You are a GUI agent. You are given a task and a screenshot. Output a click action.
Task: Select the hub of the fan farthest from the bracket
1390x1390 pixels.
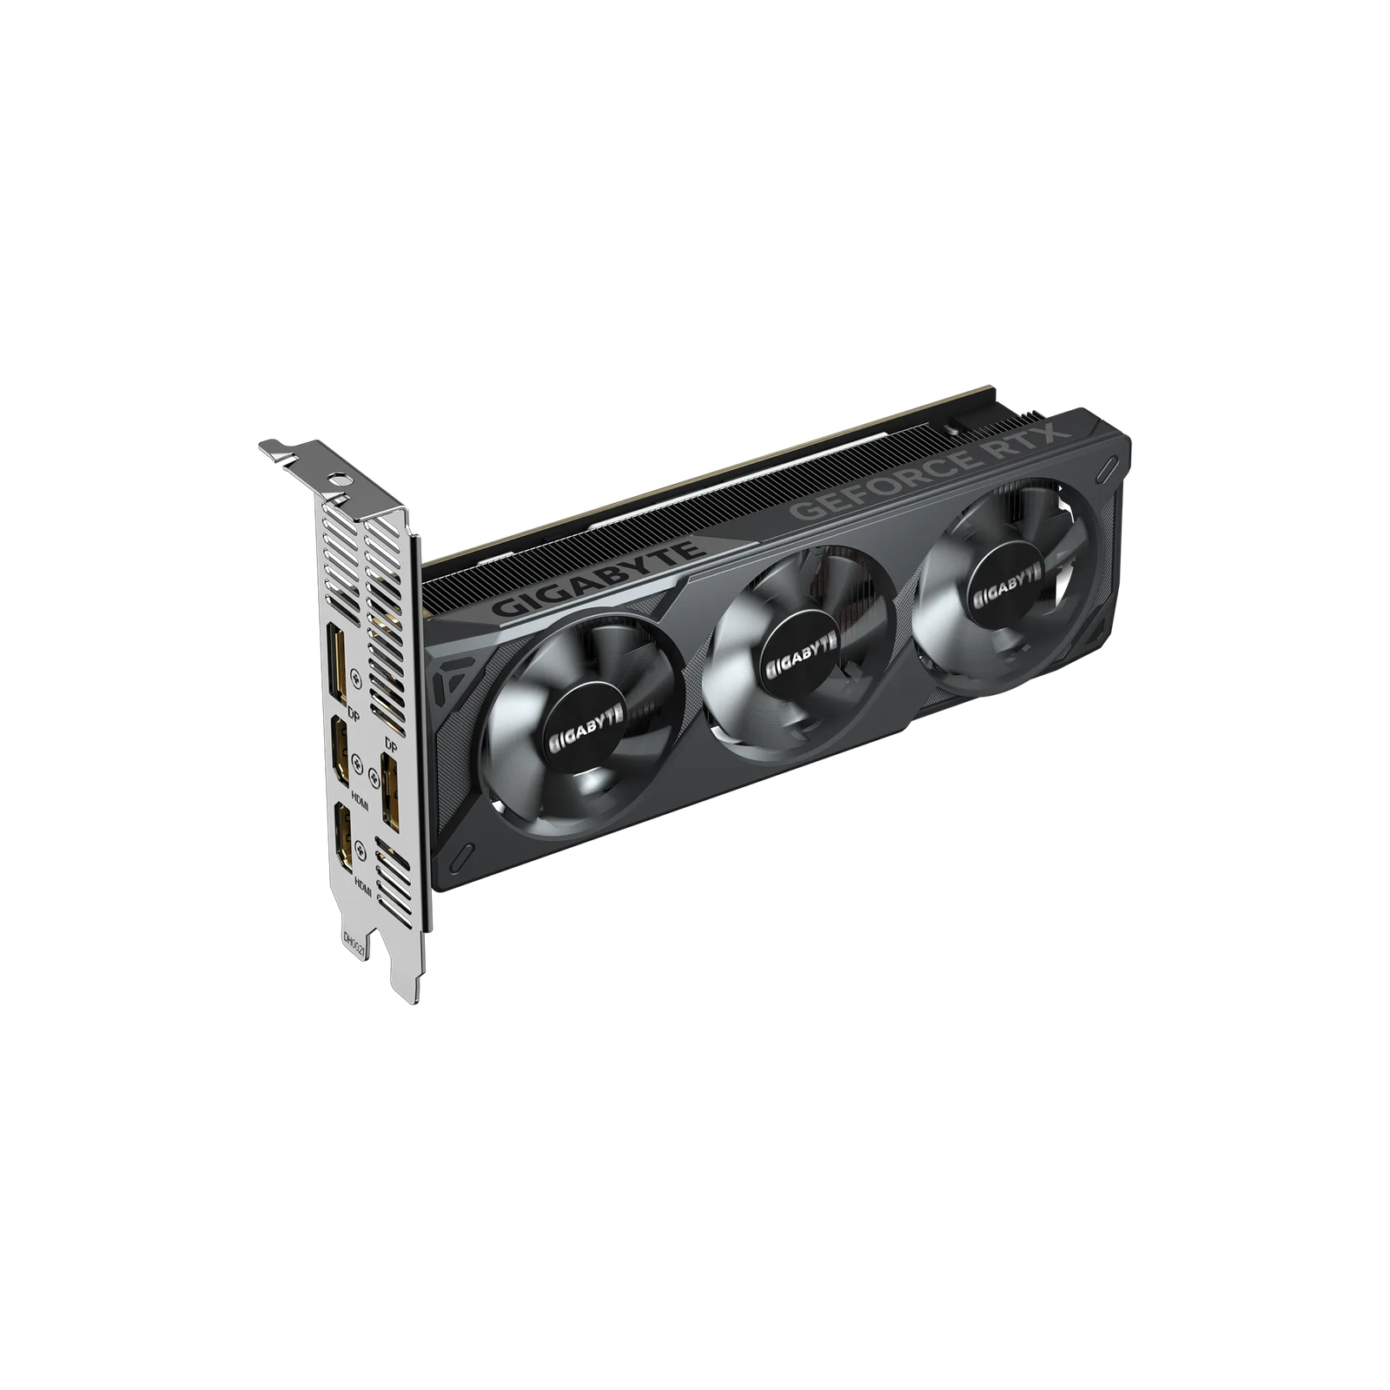coord(1007,577)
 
